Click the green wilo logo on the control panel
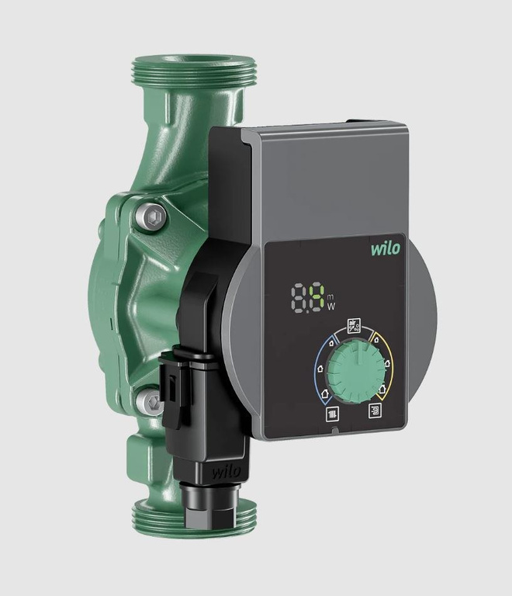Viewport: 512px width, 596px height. click(385, 249)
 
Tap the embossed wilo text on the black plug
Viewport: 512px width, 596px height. click(226, 471)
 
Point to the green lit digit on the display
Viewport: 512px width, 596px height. click(316, 298)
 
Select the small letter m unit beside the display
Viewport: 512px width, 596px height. click(330, 295)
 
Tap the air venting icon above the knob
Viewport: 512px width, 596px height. click(354, 325)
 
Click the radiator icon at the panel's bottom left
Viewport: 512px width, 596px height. click(330, 413)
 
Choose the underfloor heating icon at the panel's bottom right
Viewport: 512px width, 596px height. click(376, 411)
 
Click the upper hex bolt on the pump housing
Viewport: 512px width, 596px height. click(153, 217)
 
